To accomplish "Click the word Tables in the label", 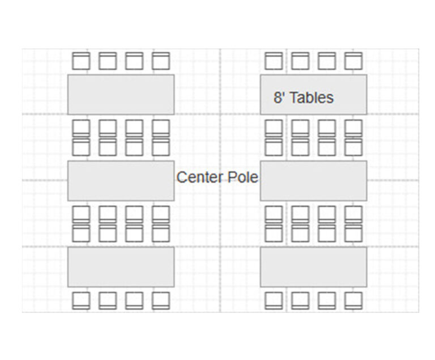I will point(312,98).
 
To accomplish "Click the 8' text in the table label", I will point(279,98).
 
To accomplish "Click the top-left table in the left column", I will point(121,94).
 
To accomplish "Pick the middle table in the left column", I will point(121,180).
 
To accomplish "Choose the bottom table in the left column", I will point(121,266).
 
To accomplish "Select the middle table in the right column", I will point(313,180).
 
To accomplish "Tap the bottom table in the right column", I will point(313,266).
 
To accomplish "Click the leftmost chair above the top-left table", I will point(82,61).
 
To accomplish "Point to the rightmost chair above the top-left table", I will point(161,61).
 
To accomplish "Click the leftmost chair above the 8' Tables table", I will point(274,61).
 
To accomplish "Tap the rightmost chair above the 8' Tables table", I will point(353,61).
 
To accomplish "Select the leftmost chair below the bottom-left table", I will point(82,300).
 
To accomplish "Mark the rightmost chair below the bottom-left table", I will point(161,300).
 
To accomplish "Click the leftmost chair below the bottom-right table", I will point(274,300).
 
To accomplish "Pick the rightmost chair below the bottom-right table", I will point(353,300).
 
